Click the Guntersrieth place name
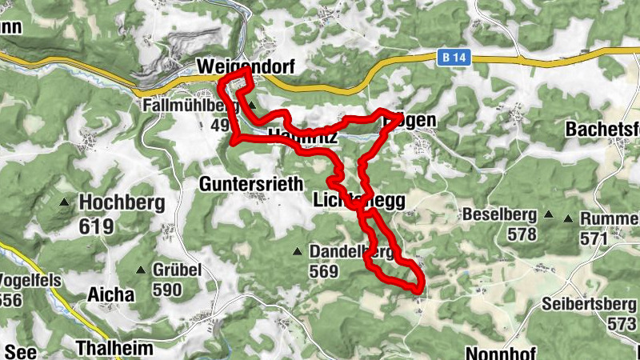[251, 184]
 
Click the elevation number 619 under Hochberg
[95, 226]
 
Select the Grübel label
[177, 270]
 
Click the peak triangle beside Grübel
[142, 270]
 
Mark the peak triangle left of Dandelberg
[298, 252]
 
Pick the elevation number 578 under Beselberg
[521, 235]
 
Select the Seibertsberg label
[588, 304]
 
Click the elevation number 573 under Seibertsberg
[622, 324]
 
